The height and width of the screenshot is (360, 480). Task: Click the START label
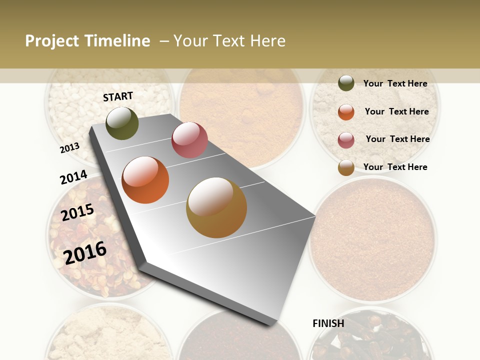pyautogui.click(x=118, y=96)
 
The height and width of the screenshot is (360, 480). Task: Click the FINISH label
pyautogui.click(x=328, y=323)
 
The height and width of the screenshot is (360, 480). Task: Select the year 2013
pyautogui.click(x=70, y=147)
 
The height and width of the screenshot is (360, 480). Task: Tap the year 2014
pyautogui.click(x=73, y=177)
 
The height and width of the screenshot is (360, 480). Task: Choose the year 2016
pyautogui.click(x=85, y=252)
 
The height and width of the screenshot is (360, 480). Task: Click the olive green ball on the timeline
pyautogui.click(x=122, y=123)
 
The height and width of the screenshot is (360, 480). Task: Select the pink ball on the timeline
pyautogui.click(x=189, y=139)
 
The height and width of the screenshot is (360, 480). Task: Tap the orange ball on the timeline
pyautogui.click(x=145, y=180)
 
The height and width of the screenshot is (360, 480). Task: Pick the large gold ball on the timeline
pyautogui.click(x=216, y=207)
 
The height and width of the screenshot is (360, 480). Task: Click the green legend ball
pyautogui.click(x=346, y=83)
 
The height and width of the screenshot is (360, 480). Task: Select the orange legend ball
pyautogui.click(x=346, y=112)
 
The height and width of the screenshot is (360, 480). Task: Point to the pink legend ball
pyautogui.click(x=346, y=139)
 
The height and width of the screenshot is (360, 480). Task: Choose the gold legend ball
pyautogui.click(x=346, y=167)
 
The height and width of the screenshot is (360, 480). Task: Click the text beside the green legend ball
pyautogui.click(x=395, y=83)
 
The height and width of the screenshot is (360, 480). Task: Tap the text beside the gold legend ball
pyautogui.click(x=395, y=167)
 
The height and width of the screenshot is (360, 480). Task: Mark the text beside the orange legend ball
pyautogui.click(x=396, y=111)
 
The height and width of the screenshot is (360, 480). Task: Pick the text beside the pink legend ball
pyautogui.click(x=397, y=139)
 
